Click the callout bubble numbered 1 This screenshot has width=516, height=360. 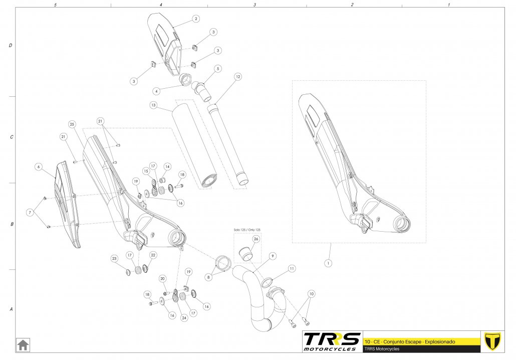tap(329, 262)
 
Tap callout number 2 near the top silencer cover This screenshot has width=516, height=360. tap(196, 19)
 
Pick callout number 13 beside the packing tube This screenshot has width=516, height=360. tap(153, 105)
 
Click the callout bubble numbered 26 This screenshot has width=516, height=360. tap(255, 239)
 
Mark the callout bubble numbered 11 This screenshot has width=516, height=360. tap(292, 269)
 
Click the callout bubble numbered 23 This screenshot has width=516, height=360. tap(114, 259)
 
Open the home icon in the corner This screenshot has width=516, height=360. tap(24, 345)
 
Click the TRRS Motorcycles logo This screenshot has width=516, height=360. tap(331, 341)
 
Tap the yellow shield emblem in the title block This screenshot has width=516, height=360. tap(493, 341)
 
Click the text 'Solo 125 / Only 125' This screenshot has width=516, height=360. tap(247, 230)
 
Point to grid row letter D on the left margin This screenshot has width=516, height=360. tap(11, 46)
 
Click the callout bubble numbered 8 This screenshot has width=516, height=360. tap(208, 276)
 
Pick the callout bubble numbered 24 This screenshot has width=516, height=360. tap(184, 318)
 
